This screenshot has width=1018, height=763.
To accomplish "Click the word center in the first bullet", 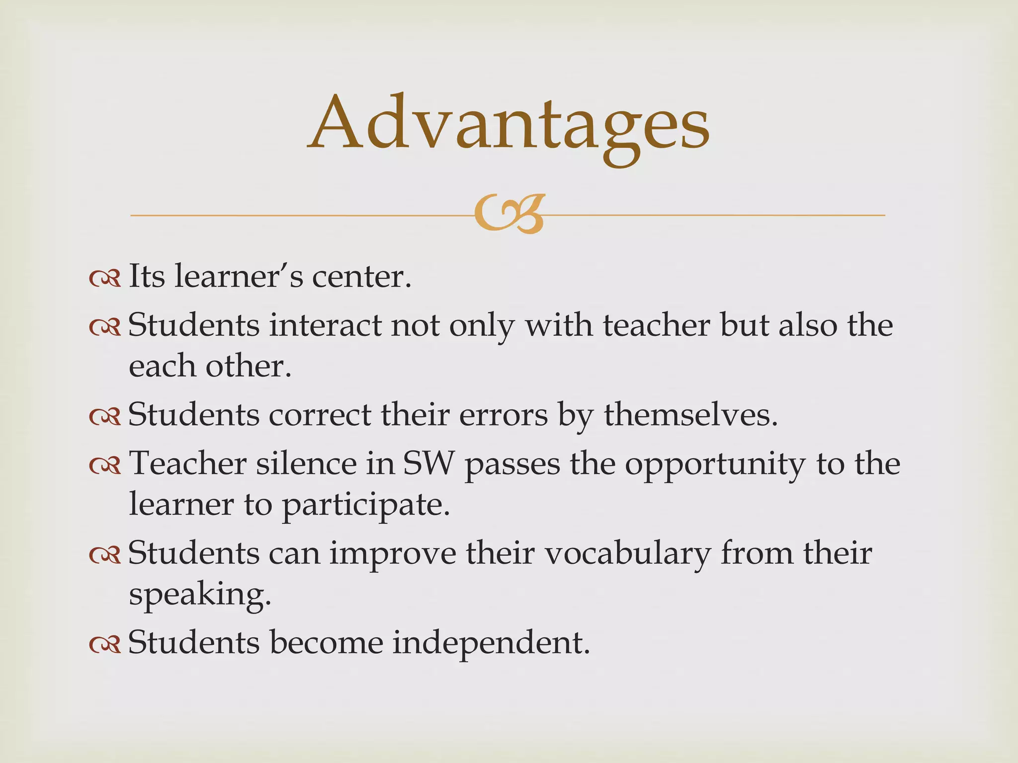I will point(361,276).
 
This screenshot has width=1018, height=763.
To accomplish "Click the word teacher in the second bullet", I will point(657,326).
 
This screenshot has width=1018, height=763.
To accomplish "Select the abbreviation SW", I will point(428,463).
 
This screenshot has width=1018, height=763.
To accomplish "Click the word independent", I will point(491,642).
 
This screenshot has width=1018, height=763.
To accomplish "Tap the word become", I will point(327,642).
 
